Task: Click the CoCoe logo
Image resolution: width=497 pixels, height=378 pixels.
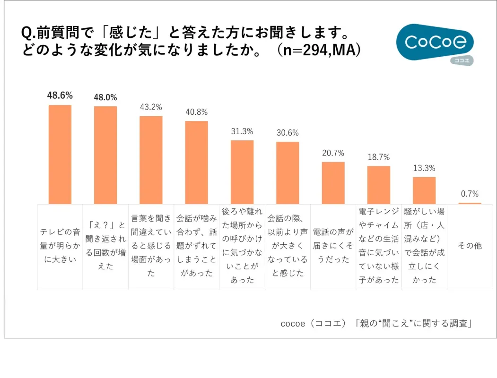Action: click(x=434, y=43)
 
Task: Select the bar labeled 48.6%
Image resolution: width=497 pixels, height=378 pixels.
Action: click(x=60, y=154)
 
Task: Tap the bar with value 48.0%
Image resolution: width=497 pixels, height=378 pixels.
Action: click(x=105, y=155)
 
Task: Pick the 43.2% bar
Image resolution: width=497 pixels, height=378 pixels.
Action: click(x=151, y=160)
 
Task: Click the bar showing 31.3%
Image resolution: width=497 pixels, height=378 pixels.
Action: click(x=242, y=172)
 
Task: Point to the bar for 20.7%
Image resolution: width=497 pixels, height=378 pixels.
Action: click(x=333, y=183)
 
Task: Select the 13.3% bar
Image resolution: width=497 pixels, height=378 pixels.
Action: click(x=424, y=190)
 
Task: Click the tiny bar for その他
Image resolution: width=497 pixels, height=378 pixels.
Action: click(x=470, y=203)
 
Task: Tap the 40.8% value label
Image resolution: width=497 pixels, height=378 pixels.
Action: click(x=196, y=112)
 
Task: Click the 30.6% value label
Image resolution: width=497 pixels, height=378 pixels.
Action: click(x=288, y=133)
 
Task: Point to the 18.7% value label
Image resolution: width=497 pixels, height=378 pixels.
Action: click(x=379, y=157)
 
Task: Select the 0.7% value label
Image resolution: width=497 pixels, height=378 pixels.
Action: click(x=470, y=194)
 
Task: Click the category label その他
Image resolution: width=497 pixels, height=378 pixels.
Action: click(x=470, y=246)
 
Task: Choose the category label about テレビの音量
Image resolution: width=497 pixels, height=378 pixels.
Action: click(x=60, y=246)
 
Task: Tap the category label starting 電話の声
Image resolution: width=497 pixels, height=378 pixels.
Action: click(x=333, y=246)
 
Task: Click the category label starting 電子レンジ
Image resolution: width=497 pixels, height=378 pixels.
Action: click(x=379, y=246)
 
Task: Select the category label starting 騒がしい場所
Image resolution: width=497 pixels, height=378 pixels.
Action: click(x=424, y=246)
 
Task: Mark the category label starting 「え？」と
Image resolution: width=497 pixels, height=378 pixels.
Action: click(x=105, y=246)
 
